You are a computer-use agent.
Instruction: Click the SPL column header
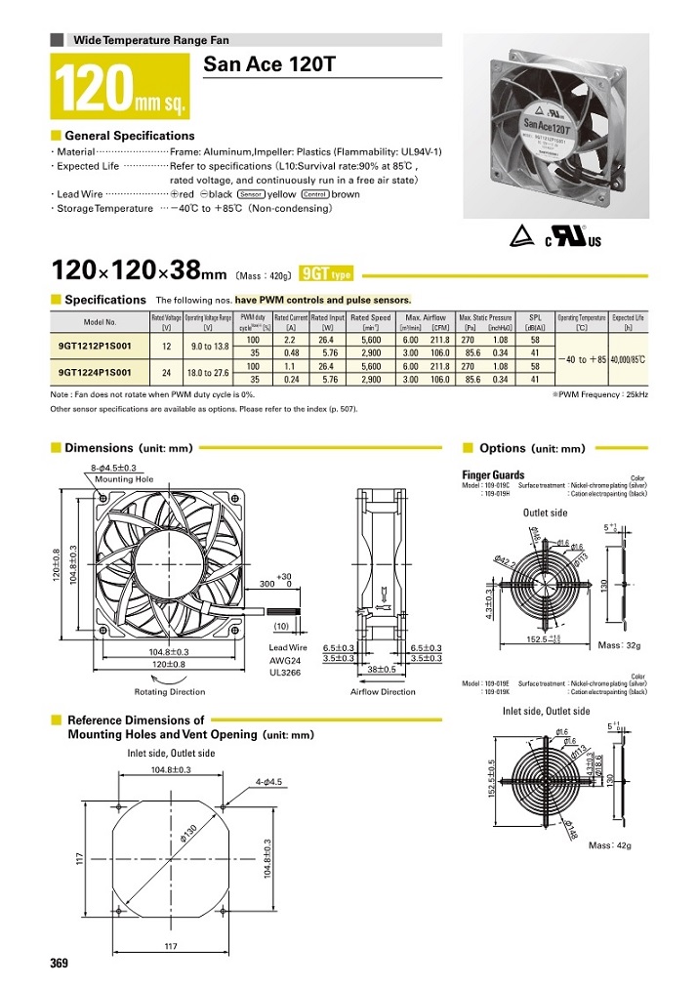[x=535, y=318]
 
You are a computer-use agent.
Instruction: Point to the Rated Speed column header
[x=370, y=318]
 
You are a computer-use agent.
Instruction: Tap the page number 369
[x=60, y=964]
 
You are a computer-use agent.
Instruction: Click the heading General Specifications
[x=129, y=136]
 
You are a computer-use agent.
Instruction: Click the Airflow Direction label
[x=383, y=691]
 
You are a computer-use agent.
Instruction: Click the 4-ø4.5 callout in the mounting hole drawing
[x=269, y=781]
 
